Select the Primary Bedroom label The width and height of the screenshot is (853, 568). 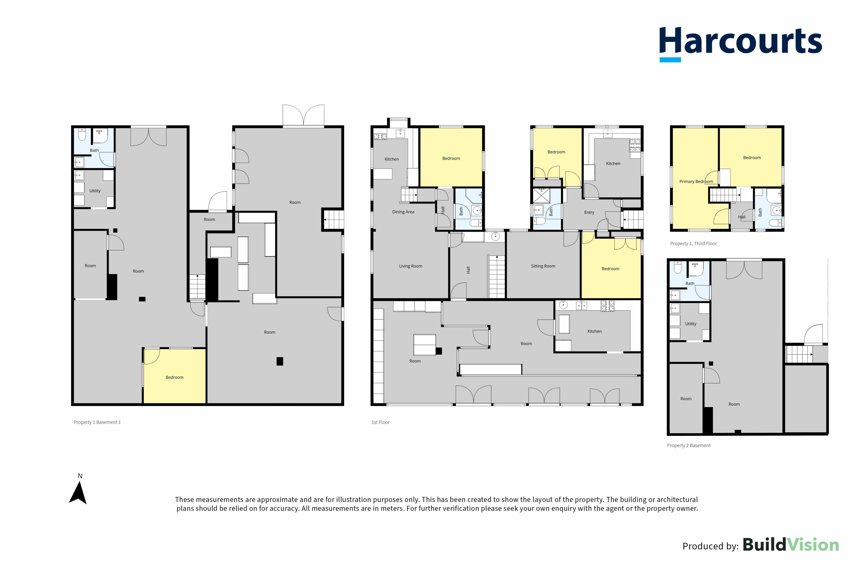pos(696,181)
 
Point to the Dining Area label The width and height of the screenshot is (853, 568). pos(403,212)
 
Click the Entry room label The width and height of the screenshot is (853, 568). pos(589,213)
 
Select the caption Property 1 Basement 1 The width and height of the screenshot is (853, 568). pos(97,422)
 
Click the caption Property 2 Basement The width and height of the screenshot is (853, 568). pos(689,446)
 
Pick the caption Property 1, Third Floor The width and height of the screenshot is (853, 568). pos(693,243)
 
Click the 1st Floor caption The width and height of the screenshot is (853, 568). pos(380,422)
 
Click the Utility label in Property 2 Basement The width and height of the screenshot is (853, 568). pos(691,324)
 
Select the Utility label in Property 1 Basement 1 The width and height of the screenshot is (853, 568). pos(95,191)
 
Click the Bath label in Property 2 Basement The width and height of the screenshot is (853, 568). pos(690,284)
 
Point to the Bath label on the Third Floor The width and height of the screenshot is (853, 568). pos(760,212)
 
